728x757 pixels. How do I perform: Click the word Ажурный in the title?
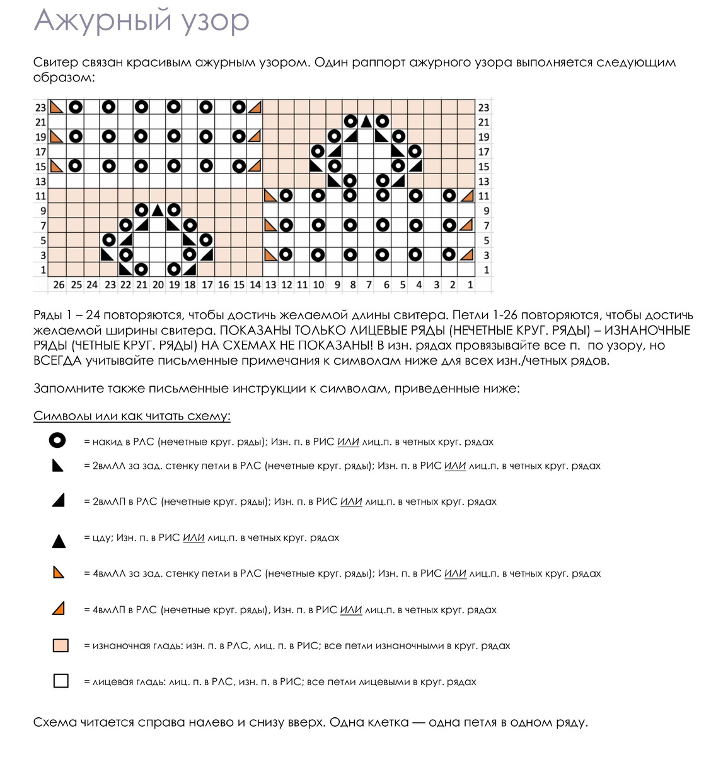(x=102, y=21)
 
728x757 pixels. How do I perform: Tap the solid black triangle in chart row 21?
(x=366, y=122)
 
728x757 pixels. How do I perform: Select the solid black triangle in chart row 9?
(x=157, y=211)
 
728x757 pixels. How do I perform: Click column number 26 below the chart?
(x=59, y=285)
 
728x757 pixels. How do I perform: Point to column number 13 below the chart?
(x=270, y=285)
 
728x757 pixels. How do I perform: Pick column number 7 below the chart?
(x=369, y=285)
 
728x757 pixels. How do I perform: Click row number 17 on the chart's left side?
(x=40, y=151)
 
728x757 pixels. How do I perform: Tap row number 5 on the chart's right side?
(x=486, y=240)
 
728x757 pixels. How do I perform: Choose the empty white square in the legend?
(x=61, y=681)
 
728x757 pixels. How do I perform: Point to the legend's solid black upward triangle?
(x=59, y=541)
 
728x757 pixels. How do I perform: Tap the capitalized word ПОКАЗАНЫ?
(x=256, y=331)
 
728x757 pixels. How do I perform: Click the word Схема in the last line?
(x=55, y=722)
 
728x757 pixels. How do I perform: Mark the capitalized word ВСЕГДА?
(x=57, y=361)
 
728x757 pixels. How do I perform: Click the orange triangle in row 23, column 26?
(x=57, y=107)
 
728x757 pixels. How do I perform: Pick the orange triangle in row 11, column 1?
(x=467, y=196)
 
